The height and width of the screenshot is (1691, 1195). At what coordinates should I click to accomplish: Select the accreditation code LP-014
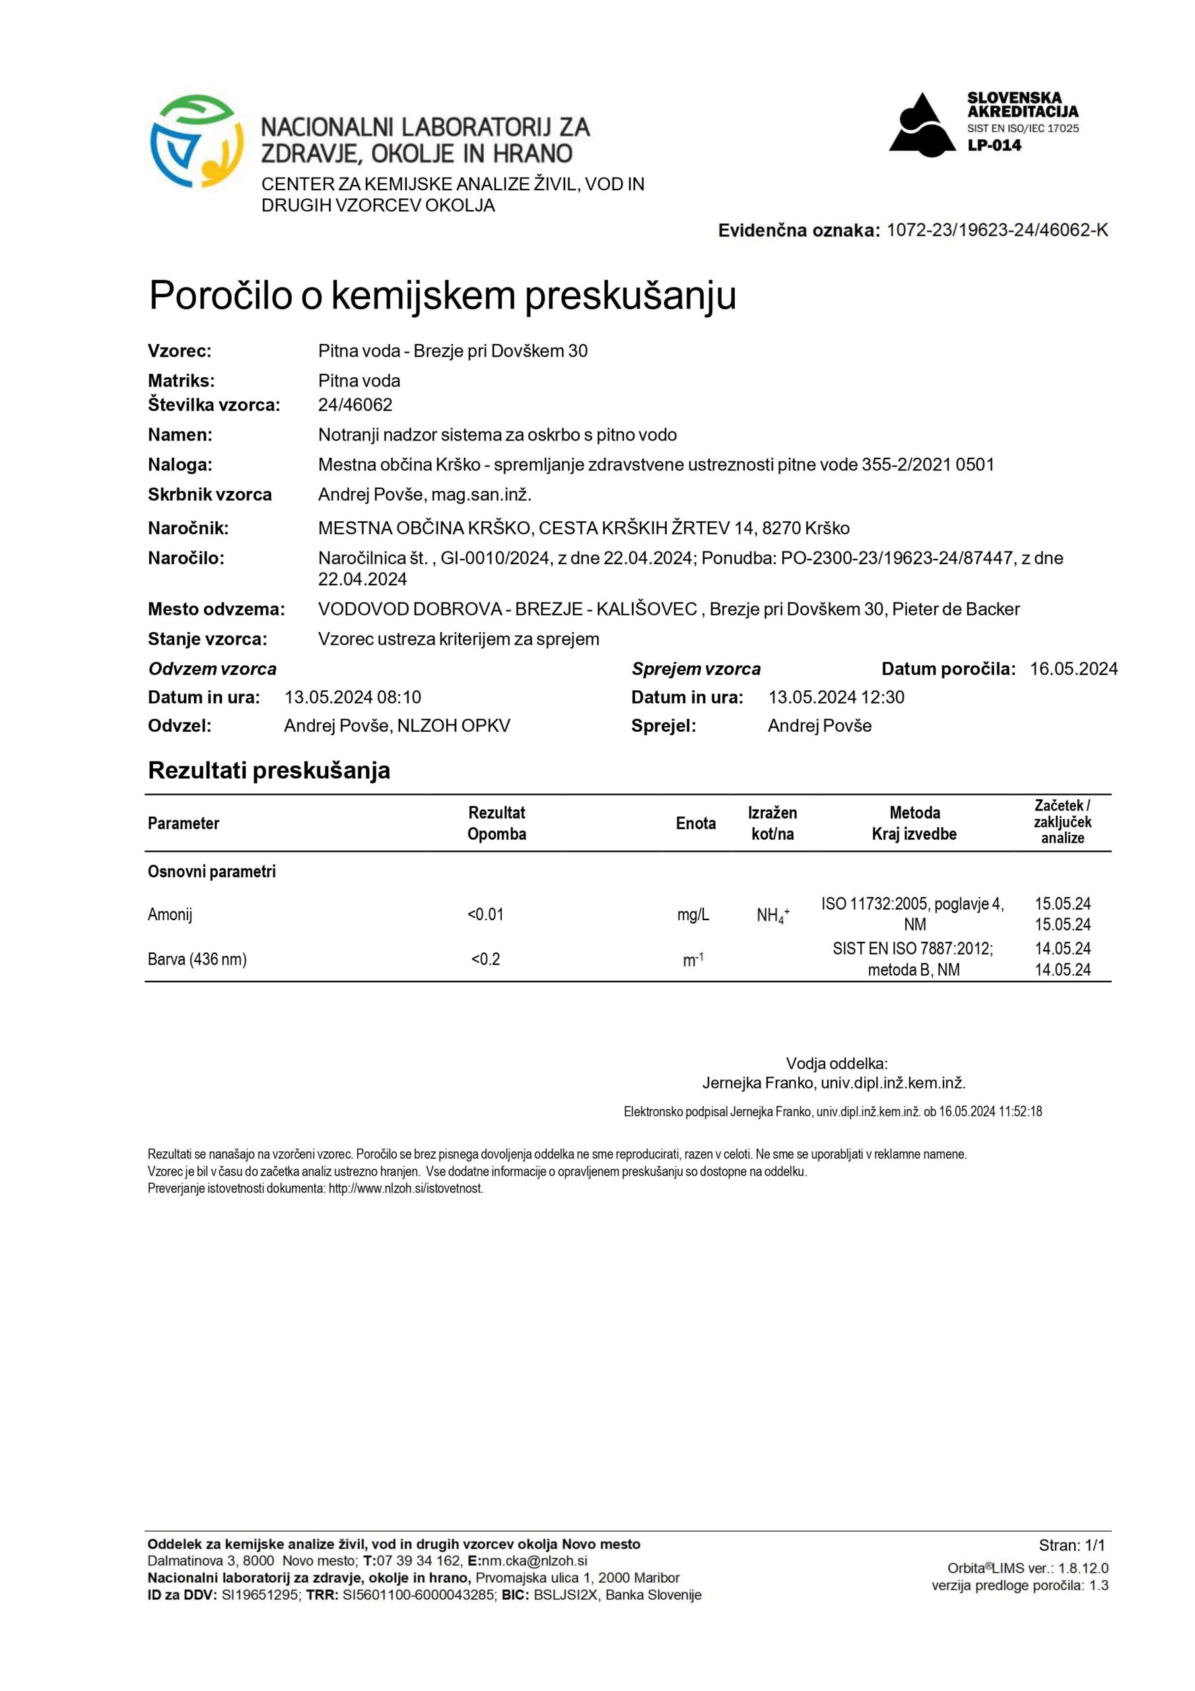pos(994,145)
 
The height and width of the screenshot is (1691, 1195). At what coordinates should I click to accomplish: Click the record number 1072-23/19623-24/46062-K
pos(997,230)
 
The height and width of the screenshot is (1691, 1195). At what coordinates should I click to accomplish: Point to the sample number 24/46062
pos(355,404)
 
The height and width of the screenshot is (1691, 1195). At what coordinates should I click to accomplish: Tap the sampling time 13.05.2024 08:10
pos(353,697)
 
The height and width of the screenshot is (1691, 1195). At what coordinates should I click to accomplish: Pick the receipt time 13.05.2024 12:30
pos(836,697)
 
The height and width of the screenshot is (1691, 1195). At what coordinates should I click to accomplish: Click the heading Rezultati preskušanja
pos(269,770)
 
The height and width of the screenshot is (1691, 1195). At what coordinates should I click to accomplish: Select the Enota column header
pos(695,824)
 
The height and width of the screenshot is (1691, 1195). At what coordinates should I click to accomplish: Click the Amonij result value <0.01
pos(485,914)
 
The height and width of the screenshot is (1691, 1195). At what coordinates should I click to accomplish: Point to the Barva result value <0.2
pos(485,959)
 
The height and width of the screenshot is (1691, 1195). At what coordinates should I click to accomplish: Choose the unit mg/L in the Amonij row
pos(693,914)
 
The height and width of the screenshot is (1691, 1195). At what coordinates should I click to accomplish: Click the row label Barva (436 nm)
pos(197,959)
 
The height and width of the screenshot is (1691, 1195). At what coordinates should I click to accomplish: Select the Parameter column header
pos(184,824)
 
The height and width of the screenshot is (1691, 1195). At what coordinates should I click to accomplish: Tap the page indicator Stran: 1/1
pos(1072,1525)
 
